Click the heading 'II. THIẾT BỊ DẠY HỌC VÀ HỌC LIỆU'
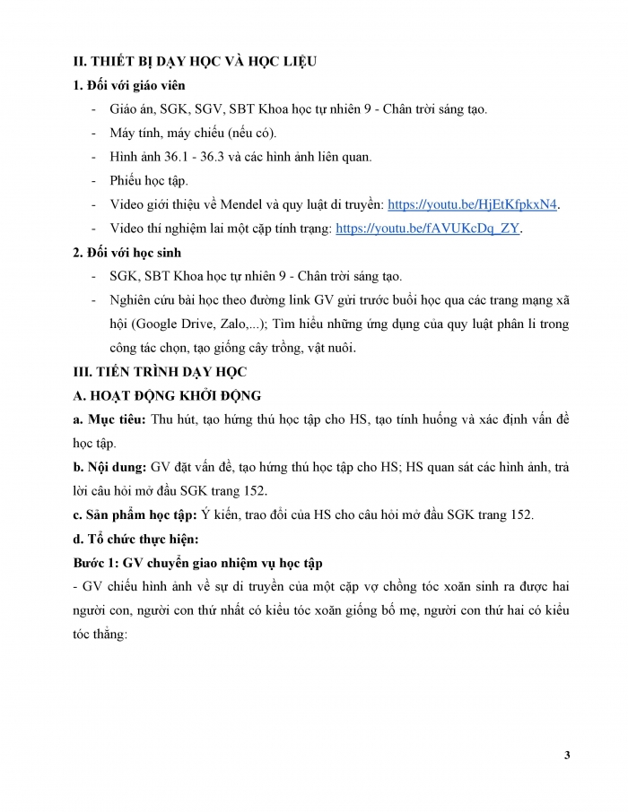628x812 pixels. tap(194, 61)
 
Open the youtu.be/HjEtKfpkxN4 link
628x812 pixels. tap(473, 204)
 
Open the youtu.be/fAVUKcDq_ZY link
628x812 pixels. tap(428, 229)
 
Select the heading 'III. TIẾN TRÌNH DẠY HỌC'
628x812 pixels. tap(158, 370)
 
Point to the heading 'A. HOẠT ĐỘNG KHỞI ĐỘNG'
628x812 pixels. tap(164, 394)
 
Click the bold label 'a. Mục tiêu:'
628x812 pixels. tap(110, 419)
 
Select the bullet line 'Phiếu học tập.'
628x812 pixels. tap(149, 180)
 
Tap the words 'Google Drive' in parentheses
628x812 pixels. tap(159, 324)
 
